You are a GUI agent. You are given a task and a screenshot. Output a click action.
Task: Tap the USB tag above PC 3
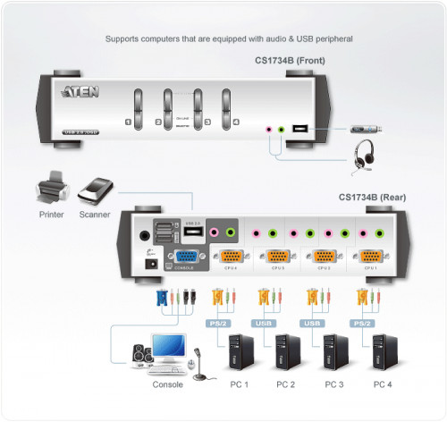[312, 323]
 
